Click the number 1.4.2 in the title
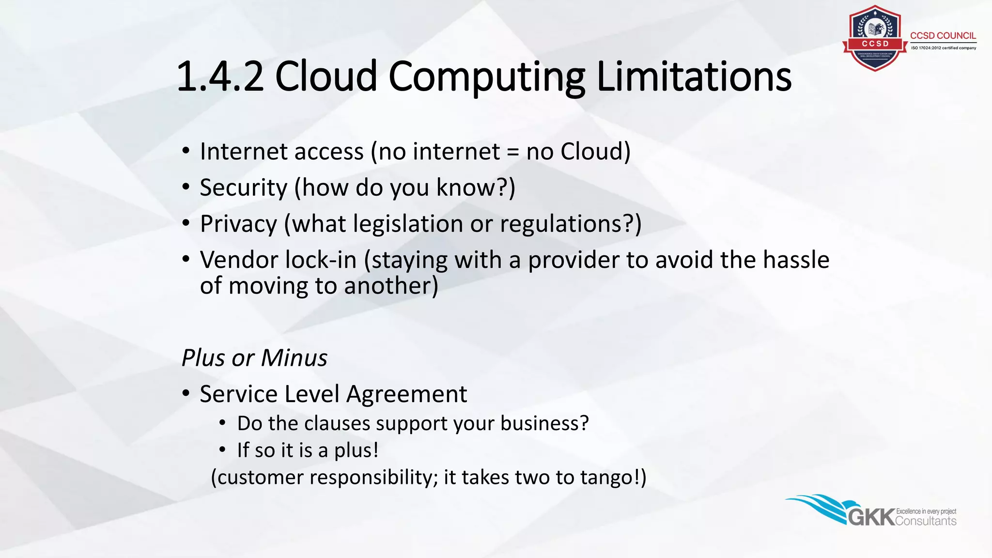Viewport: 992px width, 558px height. point(220,77)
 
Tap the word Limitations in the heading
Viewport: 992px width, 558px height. point(694,77)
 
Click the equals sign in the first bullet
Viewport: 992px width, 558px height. point(513,152)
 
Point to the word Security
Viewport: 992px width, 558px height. point(244,187)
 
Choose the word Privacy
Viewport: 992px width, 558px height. point(238,224)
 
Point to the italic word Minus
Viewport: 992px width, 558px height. point(294,358)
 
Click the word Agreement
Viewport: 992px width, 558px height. point(407,394)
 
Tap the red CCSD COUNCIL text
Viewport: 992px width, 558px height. point(943,36)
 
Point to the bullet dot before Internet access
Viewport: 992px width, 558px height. point(186,151)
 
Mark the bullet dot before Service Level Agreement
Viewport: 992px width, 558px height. point(186,393)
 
